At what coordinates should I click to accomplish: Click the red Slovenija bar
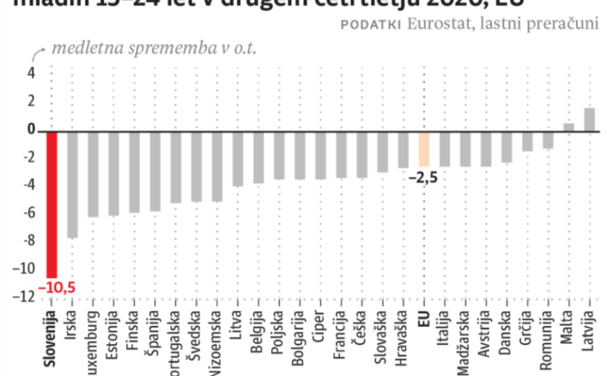[x=51, y=204]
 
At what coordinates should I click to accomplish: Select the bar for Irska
[x=72, y=184]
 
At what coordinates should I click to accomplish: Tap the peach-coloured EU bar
[x=424, y=149]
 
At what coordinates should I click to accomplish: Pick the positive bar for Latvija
[x=589, y=120]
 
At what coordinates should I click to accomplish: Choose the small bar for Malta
[x=569, y=127]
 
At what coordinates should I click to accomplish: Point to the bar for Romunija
[x=548, y=140]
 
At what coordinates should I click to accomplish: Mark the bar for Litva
[x=238, y=158]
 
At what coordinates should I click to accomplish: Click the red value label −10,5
[x=56, y=288]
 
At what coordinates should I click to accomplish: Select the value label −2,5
[x=423, y=176]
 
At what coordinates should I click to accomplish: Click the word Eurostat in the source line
[x=434, y=23]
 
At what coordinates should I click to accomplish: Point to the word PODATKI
[x=371, y=24]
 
